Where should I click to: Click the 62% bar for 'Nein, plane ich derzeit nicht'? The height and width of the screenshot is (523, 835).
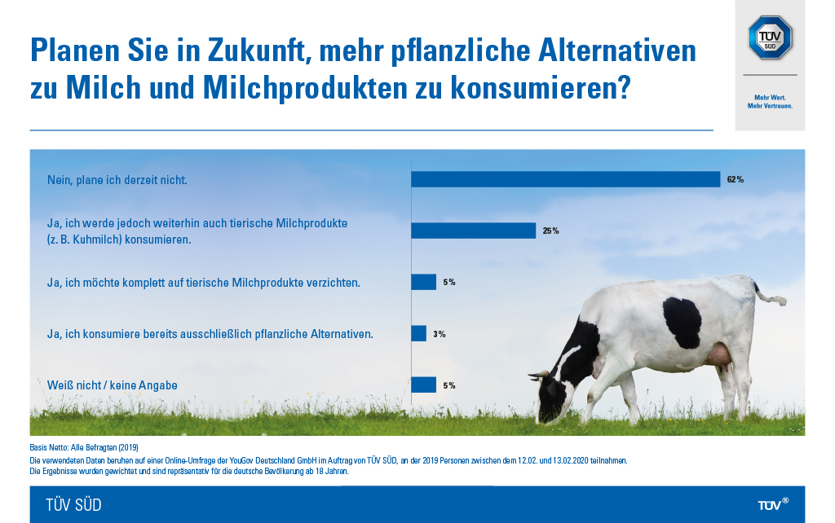[x=565, y=179]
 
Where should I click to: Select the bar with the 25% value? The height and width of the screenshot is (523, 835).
[x=473, y=231]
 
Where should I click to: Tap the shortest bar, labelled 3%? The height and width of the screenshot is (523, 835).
[x=418, y=333]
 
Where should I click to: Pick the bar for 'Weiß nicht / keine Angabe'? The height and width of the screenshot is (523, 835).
[x=423, y=385]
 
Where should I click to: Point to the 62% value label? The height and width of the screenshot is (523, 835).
[x=735, y=179]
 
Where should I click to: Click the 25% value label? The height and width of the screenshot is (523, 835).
[x=550, y=231]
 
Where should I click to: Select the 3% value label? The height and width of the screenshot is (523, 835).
[x=440, y=333]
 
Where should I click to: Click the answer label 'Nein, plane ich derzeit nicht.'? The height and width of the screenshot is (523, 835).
[x=117, y=179]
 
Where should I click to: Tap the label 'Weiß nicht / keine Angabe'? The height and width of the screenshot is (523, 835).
[x=113, y=385]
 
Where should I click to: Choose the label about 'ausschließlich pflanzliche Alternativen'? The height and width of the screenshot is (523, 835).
[x=210, y=333]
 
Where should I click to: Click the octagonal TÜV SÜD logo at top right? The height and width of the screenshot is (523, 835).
[x=770, y=37]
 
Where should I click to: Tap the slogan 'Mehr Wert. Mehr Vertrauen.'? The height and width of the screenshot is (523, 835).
[x=770, y=102]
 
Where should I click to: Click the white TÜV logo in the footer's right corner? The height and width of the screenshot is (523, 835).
[x=772, y=504]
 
